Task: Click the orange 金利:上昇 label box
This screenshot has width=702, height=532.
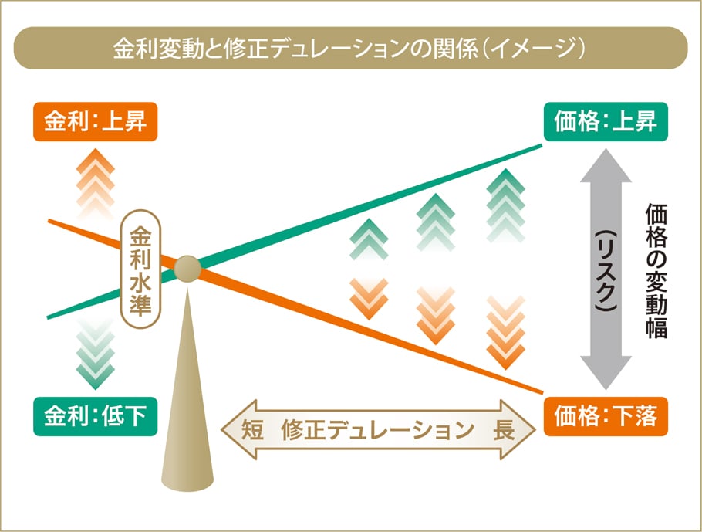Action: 96,122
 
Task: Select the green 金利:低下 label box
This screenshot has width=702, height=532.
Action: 96,416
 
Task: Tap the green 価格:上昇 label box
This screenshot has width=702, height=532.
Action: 606,122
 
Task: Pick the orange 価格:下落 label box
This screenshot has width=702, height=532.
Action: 606,416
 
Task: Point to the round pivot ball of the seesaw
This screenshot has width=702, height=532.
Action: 187,269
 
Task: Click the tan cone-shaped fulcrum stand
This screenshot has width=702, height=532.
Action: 187,390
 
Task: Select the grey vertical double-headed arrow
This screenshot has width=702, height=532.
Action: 606,269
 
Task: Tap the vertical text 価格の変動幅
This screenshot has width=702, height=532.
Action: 656,271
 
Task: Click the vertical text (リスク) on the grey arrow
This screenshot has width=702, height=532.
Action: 606,271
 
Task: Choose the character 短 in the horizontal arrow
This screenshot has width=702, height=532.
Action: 252,430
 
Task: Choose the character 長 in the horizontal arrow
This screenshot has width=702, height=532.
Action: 504,430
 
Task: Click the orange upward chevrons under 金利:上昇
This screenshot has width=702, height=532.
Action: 96,183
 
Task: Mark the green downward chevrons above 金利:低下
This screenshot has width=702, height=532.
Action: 96,354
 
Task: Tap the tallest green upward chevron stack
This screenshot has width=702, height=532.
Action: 505,205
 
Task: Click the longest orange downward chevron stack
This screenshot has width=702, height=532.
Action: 505,333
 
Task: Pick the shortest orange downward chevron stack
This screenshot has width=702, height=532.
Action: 369,299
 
